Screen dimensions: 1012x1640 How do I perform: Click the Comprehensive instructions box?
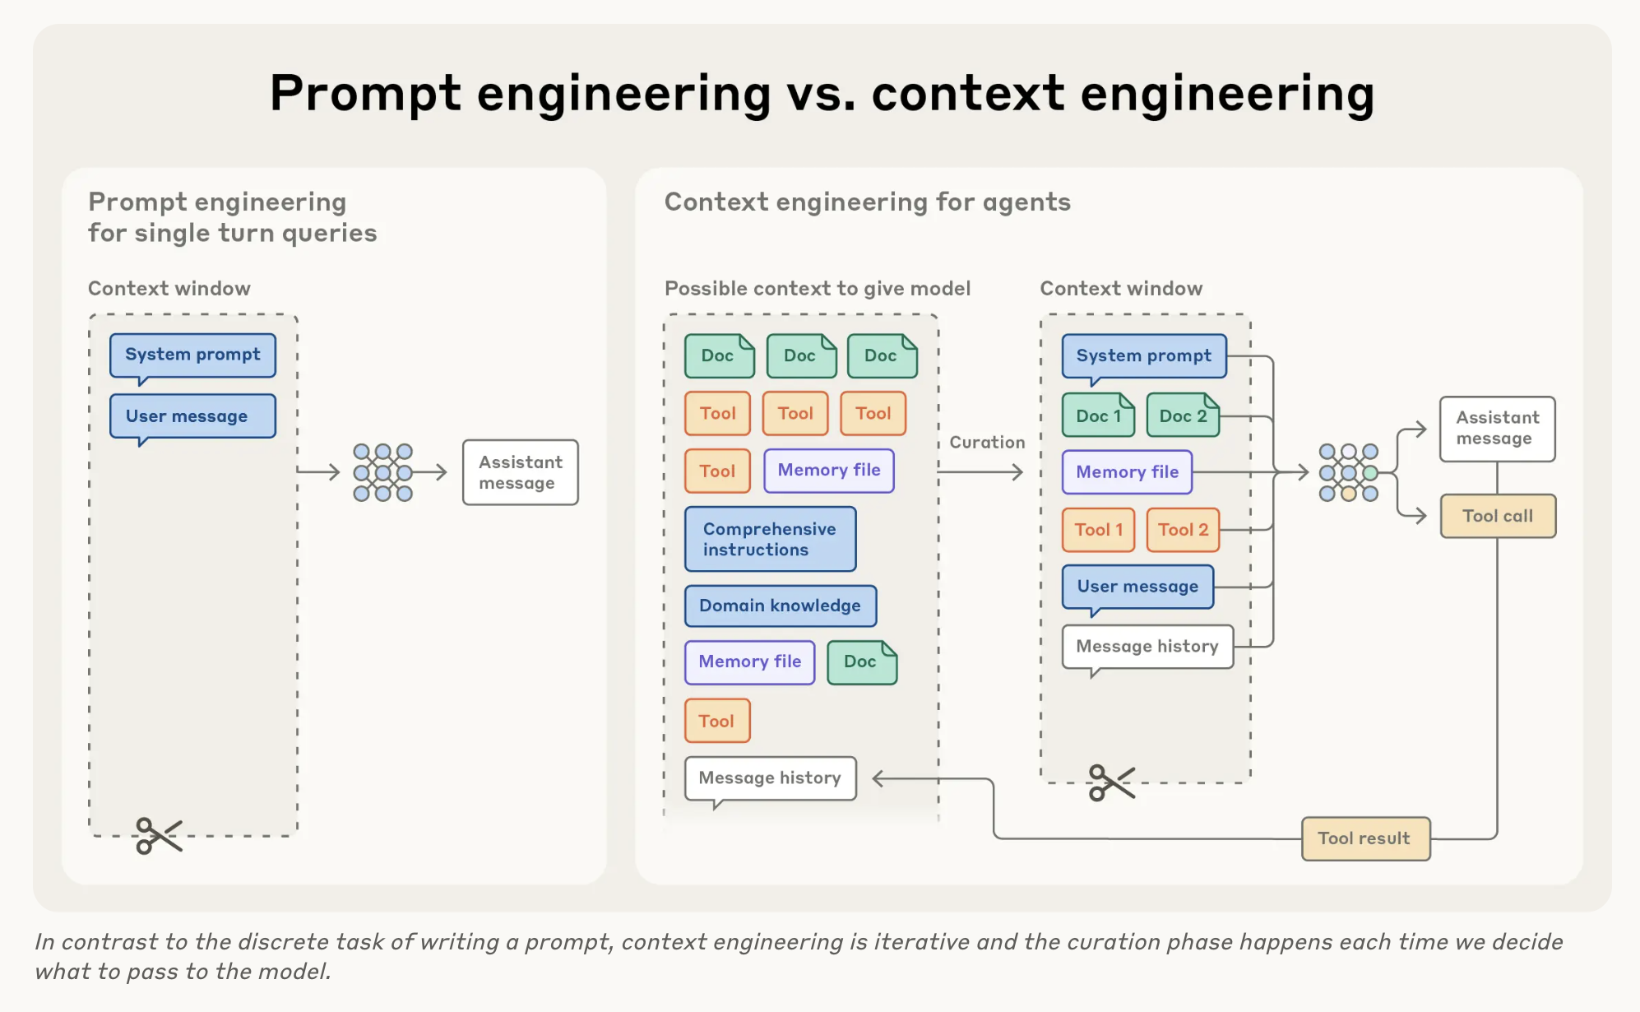point(770,539)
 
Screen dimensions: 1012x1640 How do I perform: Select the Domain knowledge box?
point(780,606)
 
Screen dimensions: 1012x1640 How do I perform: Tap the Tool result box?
point(1364,838)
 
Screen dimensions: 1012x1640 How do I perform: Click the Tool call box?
point(1497,516)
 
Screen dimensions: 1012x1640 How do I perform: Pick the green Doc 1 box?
point(1098,415)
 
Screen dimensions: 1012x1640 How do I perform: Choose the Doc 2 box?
point(1182,415)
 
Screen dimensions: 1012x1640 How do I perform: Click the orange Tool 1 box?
point(1098,530)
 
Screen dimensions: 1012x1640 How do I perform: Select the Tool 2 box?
point(1182,530)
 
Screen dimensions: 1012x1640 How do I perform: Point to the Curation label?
point(987,443)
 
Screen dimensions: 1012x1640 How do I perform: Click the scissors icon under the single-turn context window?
point(159,835)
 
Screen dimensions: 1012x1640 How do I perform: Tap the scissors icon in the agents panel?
point(1110,782)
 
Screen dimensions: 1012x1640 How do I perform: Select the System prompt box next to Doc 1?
point(1143,355)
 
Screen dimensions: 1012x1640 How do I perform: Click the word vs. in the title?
point(821,93)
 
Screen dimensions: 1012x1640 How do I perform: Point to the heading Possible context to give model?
point(817,289)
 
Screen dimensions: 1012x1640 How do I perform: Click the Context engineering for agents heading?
point(867,202)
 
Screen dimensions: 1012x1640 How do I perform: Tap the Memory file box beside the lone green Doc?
point(749,662)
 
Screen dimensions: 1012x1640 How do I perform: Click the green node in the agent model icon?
point(1370,473)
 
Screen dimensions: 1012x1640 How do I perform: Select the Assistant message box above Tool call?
point(1497,429)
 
